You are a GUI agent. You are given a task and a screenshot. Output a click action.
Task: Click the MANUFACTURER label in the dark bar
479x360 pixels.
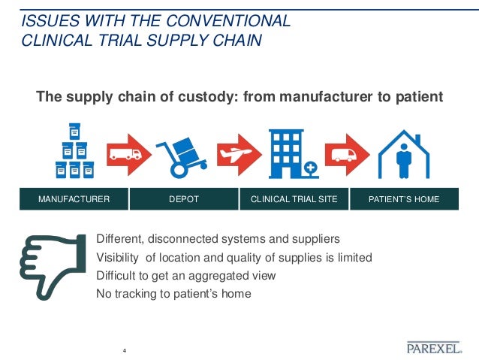coord(74,199)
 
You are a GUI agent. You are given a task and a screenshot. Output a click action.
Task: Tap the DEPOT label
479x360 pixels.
coord(183,199)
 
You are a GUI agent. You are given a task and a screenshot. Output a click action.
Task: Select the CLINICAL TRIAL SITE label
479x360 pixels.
coord(294,199)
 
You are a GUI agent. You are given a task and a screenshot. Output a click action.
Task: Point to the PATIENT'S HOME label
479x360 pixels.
coord(404,199)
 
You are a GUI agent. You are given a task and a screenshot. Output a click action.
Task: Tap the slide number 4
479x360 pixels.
coord(124,350)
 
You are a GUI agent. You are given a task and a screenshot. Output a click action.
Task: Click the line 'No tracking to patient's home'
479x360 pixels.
coord(174,294)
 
